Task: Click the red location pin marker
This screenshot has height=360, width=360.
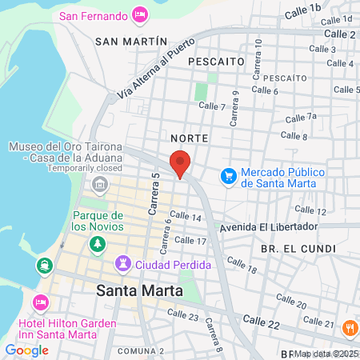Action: tap(180, 163)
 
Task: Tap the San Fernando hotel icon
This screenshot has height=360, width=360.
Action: tap(140, 15)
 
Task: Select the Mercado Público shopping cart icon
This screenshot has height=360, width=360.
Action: tap(229, 174)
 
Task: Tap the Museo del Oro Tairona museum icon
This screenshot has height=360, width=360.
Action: tap(100, 186)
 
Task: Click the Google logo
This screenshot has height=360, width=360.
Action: tap(26, 350)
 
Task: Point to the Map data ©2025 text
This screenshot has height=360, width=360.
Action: tap(326, 354)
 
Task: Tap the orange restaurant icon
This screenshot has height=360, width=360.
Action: tap(350, 327)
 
